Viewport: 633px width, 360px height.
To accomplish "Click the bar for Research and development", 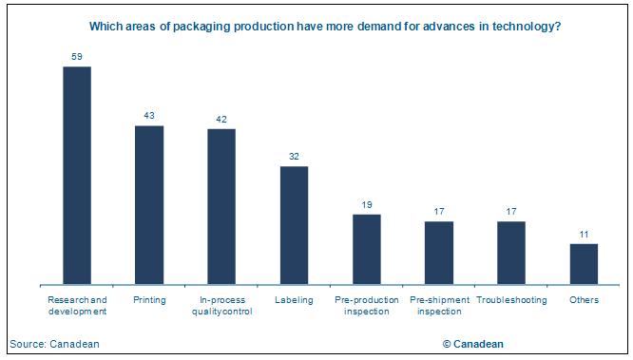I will click(x=77, y=175).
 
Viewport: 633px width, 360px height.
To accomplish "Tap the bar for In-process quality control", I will click(x=221, y=206).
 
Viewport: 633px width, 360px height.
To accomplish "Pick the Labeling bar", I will click(x=294, y=225).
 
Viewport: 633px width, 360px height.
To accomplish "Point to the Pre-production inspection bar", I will click(x=366, y=249).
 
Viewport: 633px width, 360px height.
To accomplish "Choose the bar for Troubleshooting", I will click(x=511, y=253).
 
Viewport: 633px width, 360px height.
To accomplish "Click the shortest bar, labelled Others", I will click(x=584, y=264).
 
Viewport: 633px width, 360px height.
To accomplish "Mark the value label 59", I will click(x=77, y=57).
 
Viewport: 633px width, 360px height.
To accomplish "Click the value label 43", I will click(x=149, y=116).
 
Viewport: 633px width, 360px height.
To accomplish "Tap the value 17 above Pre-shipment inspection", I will click(x=439, y=212).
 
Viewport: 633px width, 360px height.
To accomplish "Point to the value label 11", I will click(x=584, y=235).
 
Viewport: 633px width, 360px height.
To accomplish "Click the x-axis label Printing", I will click(x=149, y=300).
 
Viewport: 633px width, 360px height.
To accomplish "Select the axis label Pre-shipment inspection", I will click(x=439, y=305).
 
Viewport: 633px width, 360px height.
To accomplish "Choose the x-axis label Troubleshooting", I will click(x=511, y=300).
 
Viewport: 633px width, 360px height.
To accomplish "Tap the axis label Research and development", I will click(x=77, y=305).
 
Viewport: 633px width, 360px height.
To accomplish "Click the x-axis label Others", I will click(x=584, y=300).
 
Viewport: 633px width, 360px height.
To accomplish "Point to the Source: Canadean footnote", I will click(x=54, y=344).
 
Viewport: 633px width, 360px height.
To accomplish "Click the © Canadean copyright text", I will click(x=472, y=344).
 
